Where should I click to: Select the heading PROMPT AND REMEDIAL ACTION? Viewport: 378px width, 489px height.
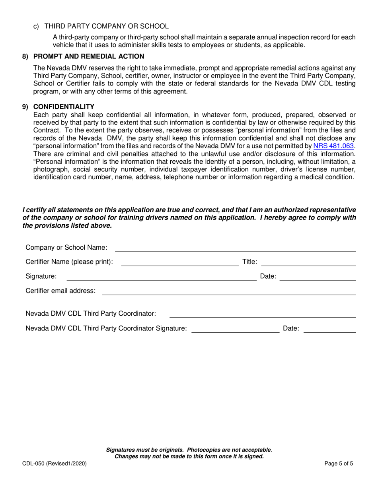[x=89, y=56]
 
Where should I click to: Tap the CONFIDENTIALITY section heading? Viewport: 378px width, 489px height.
[x=64, y=107]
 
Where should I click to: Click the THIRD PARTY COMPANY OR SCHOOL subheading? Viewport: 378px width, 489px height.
[x=106, y=26]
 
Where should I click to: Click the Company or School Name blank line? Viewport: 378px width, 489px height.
[x=235, y=248]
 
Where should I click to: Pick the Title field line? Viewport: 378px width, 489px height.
[x=308, y=262]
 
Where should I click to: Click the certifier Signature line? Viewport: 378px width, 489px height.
[x=161, y=277]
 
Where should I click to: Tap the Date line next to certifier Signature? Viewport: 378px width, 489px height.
[x=317, y=277]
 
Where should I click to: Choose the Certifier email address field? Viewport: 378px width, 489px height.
[x=229, y=291]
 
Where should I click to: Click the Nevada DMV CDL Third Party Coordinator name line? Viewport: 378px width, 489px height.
[x=262, y=314]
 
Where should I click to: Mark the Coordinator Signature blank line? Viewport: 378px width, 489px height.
[x=235, y=329]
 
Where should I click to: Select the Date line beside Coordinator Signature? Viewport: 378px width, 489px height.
[x=329, y=329]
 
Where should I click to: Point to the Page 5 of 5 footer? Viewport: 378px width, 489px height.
[x=339, y=463]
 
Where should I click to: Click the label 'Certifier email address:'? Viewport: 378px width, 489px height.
[x=60, y=291]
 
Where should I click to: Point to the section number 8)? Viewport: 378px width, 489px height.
[x=25, y=56]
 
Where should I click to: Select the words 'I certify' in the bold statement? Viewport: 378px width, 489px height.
[x=35, y=210]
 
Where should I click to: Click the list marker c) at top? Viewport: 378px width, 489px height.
[x=36, y=26]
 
